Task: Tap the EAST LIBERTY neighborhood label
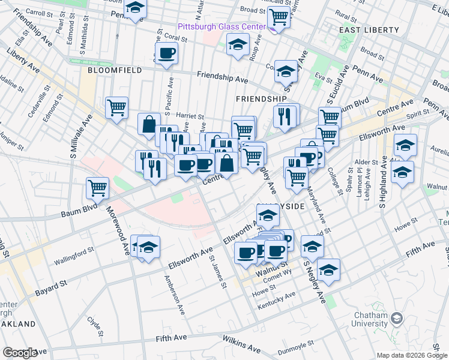coord(369,30)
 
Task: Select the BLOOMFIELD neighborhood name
coord(115,70)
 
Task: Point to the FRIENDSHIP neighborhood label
coord(261,98)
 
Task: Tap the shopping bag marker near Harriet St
coord(148,124)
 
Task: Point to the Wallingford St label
coord(75,261)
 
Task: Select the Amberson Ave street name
coord(175,296)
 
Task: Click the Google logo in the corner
coord(20,353)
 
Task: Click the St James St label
coord(217,274)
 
